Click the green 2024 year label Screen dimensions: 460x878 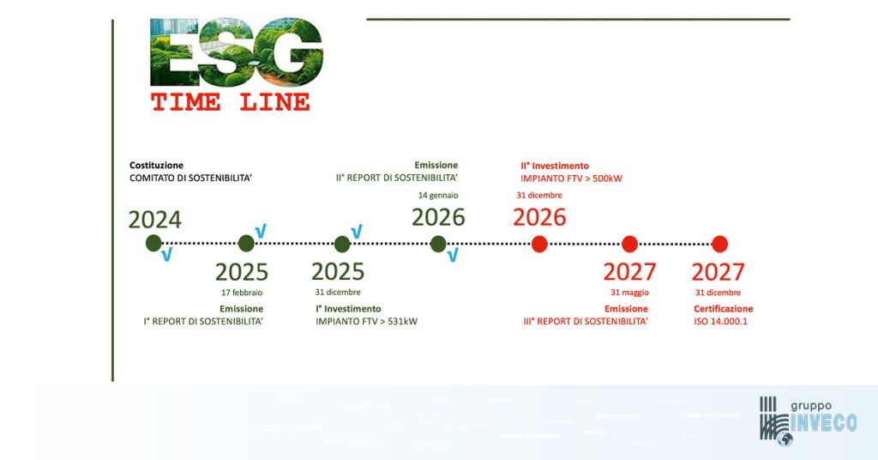(x=155, y=220)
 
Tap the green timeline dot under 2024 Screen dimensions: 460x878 (x=153, y=244)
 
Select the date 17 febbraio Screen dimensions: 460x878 (x=242, y=293)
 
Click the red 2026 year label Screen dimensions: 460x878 (x=539, y=217)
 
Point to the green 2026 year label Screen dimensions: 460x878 (x=438, y=217)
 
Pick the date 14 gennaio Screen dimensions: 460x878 (x=438, y=196)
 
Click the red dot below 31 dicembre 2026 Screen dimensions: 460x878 (x=539, y=244)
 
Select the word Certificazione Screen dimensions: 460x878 (x=724, y=309)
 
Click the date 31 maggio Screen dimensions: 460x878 (x=628, y=293)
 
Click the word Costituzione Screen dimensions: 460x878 (x=156, y=165)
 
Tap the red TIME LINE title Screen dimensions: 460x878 (x=231, y=102)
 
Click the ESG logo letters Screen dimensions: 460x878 (x=237, y=52)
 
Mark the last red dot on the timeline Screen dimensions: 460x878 (x=719, y=244)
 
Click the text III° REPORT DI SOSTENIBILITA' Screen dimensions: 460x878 (x=586, y=322)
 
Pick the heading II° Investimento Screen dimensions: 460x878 (x=555, y=166)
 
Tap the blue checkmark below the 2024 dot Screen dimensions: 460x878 (x=166, y=255)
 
